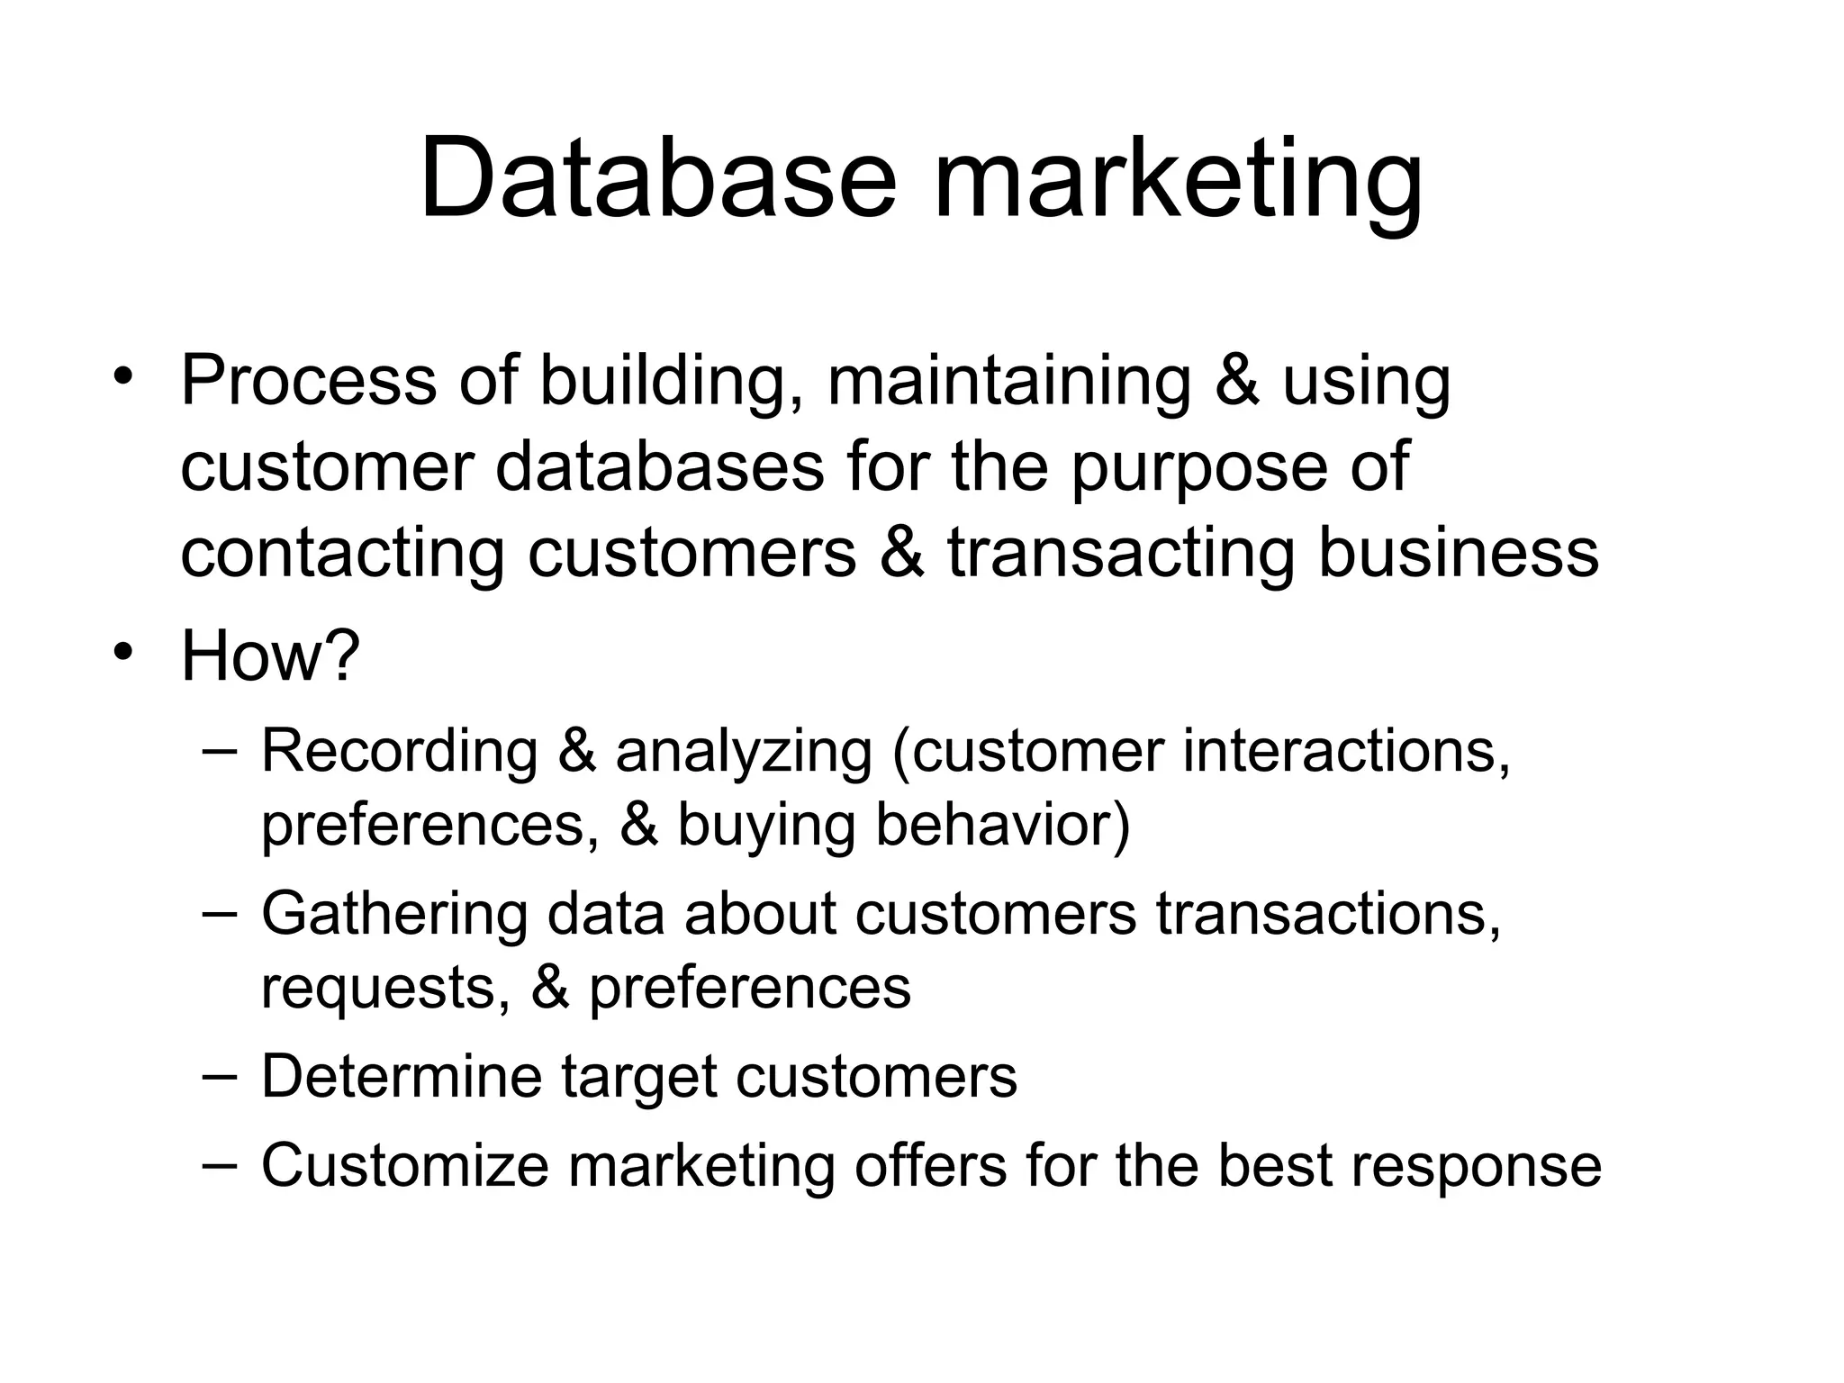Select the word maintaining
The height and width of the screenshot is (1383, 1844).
coord(1009,380)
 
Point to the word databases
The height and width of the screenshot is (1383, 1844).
coord(660,466)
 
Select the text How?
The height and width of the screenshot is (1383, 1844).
coord(270,655)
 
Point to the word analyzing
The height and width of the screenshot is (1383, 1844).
coord(744,752)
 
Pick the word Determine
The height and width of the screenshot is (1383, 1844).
coord(402,1076)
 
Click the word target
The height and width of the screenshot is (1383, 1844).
coord(638,1078)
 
